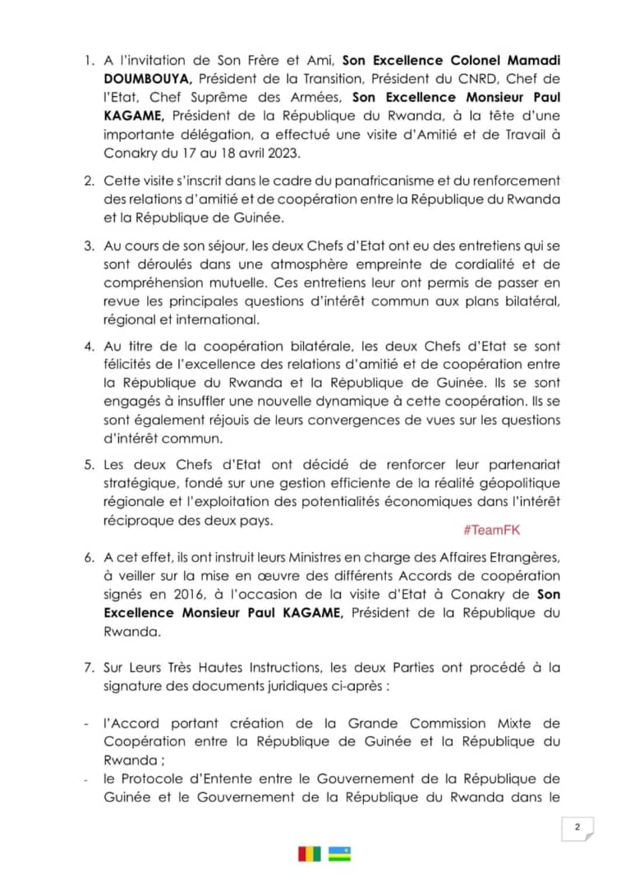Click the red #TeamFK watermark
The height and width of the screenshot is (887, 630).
(491, 531)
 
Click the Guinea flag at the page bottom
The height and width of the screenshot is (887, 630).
(310, 854)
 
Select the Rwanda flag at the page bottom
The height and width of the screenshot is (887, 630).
(340, 854)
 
